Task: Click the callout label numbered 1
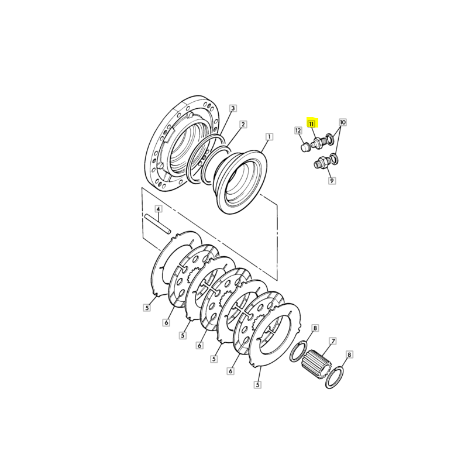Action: click(x=269, y=137)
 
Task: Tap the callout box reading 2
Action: click(x=243, y=125)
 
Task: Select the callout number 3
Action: click(x=233, y=108)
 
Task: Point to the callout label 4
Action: click(x=158, y=209)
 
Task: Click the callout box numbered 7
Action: click(x=333, y=341)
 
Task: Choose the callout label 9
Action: click(x=332, y=181)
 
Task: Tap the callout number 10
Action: click(x=343, y=122)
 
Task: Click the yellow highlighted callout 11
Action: click(x=312, y=123)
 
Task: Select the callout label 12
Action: click(x=298, y=130)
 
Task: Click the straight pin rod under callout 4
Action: click(x=157, y=224)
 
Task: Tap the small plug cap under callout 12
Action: click(x=304, y=147)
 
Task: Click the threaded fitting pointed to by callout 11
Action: click(x=318, y=142)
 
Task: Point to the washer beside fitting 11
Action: click(x=330, y=139)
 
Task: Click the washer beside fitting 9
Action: click(x=335, y=159)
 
